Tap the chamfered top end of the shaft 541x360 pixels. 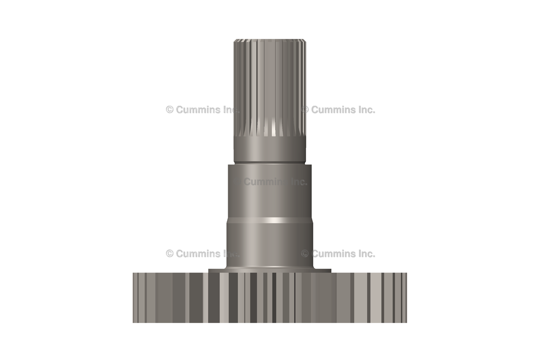(269, 40)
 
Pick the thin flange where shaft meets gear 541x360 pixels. (269, 271)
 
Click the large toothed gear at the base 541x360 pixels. (269, 298)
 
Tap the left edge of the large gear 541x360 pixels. (135, 298)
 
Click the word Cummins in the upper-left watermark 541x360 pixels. (197, 110)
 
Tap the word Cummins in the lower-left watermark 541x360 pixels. (197, 253)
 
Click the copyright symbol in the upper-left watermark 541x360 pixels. (170, 110)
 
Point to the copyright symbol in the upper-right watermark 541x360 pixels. (305, 110)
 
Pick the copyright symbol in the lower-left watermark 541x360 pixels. (170, 253)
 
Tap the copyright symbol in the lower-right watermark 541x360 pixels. (305, 253)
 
